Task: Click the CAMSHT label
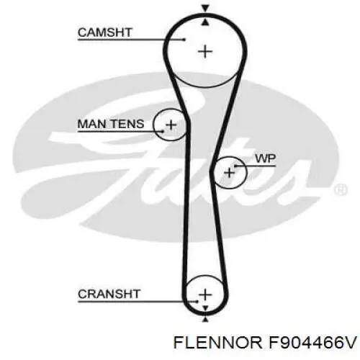105,32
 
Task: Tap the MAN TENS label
111,124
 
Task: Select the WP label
266,158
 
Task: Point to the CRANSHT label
109,294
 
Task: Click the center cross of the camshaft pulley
205,52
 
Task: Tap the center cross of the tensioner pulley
171,125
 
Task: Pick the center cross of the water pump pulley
230,173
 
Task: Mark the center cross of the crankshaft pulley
205,294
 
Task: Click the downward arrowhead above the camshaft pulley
205,9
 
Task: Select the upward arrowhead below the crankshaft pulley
205,319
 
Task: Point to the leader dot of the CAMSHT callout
184,40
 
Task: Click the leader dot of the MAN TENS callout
163,131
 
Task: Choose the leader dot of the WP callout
235,166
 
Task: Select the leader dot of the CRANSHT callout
197,302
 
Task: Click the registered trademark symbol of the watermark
341,189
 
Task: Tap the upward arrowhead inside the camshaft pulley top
205,22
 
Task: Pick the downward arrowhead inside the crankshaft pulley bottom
205,308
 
